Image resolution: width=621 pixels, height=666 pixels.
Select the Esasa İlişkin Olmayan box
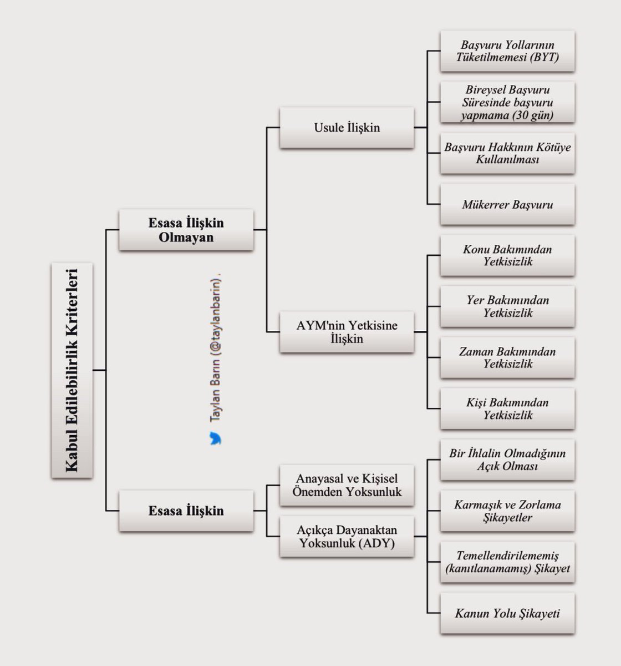pyautogui.click(x=186, y=229)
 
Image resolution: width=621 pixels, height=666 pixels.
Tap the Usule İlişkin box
pyautogui.click(x=347, y=128)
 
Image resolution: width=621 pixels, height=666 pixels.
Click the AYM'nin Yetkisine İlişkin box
pyautogui.click(x=347, y=332)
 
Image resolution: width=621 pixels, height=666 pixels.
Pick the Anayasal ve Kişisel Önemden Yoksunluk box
pyautogui.click(x=347, y=485)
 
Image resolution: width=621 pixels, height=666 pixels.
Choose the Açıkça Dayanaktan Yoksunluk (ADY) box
pyautogui.click(x=347, y=536)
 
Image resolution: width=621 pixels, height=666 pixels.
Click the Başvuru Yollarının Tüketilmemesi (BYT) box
pyautogui.click(x=507, y=51)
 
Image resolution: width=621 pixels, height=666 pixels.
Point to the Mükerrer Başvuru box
pyautogui.click(x=507, y=204)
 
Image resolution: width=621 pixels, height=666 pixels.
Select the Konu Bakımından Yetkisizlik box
pyautogui.click(x=507, y=255)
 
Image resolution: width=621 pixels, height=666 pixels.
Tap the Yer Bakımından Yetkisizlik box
pyautogui.click(x=507, y=306)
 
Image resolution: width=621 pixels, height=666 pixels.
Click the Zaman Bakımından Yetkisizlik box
pyautogui.click(x=507, y=357)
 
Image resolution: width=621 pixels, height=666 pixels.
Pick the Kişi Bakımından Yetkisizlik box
pyautogui.click(x=507, y=408)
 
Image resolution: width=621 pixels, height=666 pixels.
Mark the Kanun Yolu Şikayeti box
pyautogui.click(x=507, y=613)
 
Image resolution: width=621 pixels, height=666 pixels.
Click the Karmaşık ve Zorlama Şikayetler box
pyautogui.click(x=507, y=511)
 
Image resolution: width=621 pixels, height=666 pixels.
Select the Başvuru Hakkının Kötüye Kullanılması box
pyautogui.click(x=507, y=153)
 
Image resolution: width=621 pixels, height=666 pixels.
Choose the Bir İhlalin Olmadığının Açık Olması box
pyautogui.click(x=507, y=460)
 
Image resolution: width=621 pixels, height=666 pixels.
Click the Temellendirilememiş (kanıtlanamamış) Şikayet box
pyautogui.click(x=507, y=562)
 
